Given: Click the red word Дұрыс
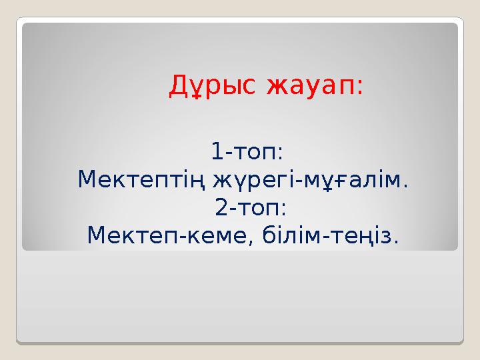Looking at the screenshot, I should click(213, 85).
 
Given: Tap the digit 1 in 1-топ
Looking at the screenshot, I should click(217, 152).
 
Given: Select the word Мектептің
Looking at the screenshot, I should click(142, 180).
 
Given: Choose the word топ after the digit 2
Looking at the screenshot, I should click(261, 209).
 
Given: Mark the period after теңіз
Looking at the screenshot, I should click(397, 241).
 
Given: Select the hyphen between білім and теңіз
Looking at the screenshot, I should click(326, 237).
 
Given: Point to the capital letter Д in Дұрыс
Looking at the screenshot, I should click(178, 86).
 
